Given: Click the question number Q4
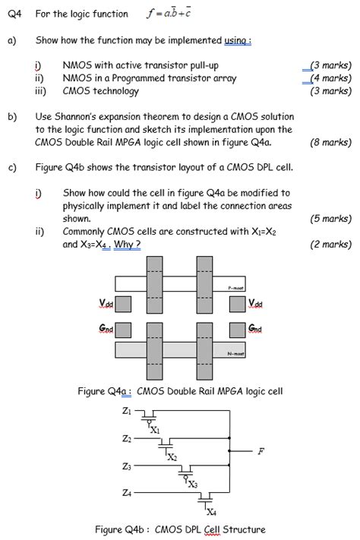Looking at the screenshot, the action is [14, 14].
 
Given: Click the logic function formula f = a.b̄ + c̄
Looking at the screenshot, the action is [169, 13].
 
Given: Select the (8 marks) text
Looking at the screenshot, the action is [330, 142].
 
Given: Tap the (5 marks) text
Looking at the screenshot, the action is [330, 219].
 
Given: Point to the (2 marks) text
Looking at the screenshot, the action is [330, 244].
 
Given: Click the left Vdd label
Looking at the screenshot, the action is [106, 303].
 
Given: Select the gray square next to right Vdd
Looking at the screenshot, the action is [238, 304].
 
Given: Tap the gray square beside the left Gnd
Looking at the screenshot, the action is [123, 330].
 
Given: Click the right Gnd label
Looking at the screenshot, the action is [255, 329].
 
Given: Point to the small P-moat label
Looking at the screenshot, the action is [236, 288].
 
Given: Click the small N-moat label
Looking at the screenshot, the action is [236, 354].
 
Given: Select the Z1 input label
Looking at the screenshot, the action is [127, 411].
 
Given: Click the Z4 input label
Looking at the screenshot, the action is [127, 493].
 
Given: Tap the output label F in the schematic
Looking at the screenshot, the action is [261, 451].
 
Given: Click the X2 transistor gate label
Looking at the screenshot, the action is [172, 457].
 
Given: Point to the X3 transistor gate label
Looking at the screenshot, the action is [193, 485].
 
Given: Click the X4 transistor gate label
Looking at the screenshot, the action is [212, 512].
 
